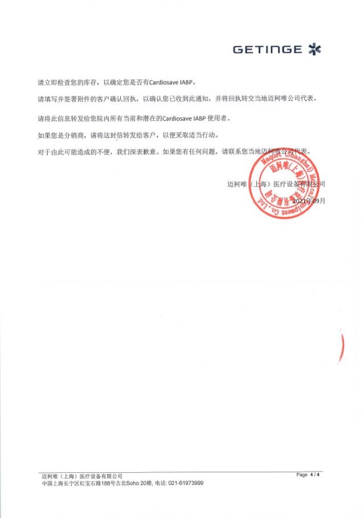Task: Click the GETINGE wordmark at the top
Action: pos(267,50)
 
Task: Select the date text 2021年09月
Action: pos(309,200)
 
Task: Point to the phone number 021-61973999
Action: pos(186,483)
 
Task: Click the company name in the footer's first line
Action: pos(82,476)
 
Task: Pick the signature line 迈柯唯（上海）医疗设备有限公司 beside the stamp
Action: pos(276,184)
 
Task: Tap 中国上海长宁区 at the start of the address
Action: pos(57,483)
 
